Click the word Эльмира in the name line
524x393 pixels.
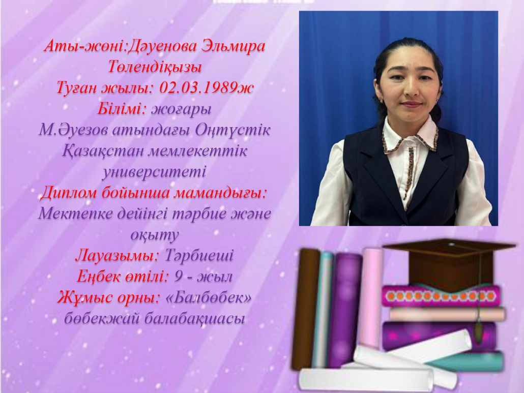(x=234, y=46)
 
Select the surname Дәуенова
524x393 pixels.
(x=162, y=46)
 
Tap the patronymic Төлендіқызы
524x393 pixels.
(x=155, y=67)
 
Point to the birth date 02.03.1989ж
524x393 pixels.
(x=206, y=87)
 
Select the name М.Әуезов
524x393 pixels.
(x=74, y=130)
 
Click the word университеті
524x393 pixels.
(x=154, y=172)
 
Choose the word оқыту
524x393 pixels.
(x=154, y=235)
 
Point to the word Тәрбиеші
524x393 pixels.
(x=199, y=255)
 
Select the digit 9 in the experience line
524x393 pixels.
(x=178, y=277)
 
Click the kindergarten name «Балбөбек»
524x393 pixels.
(x=209, y=297)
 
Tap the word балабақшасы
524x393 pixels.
(x=195, y=319)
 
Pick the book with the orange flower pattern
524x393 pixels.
(x=442, y=295)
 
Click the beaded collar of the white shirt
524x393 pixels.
(x=410, y=140)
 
